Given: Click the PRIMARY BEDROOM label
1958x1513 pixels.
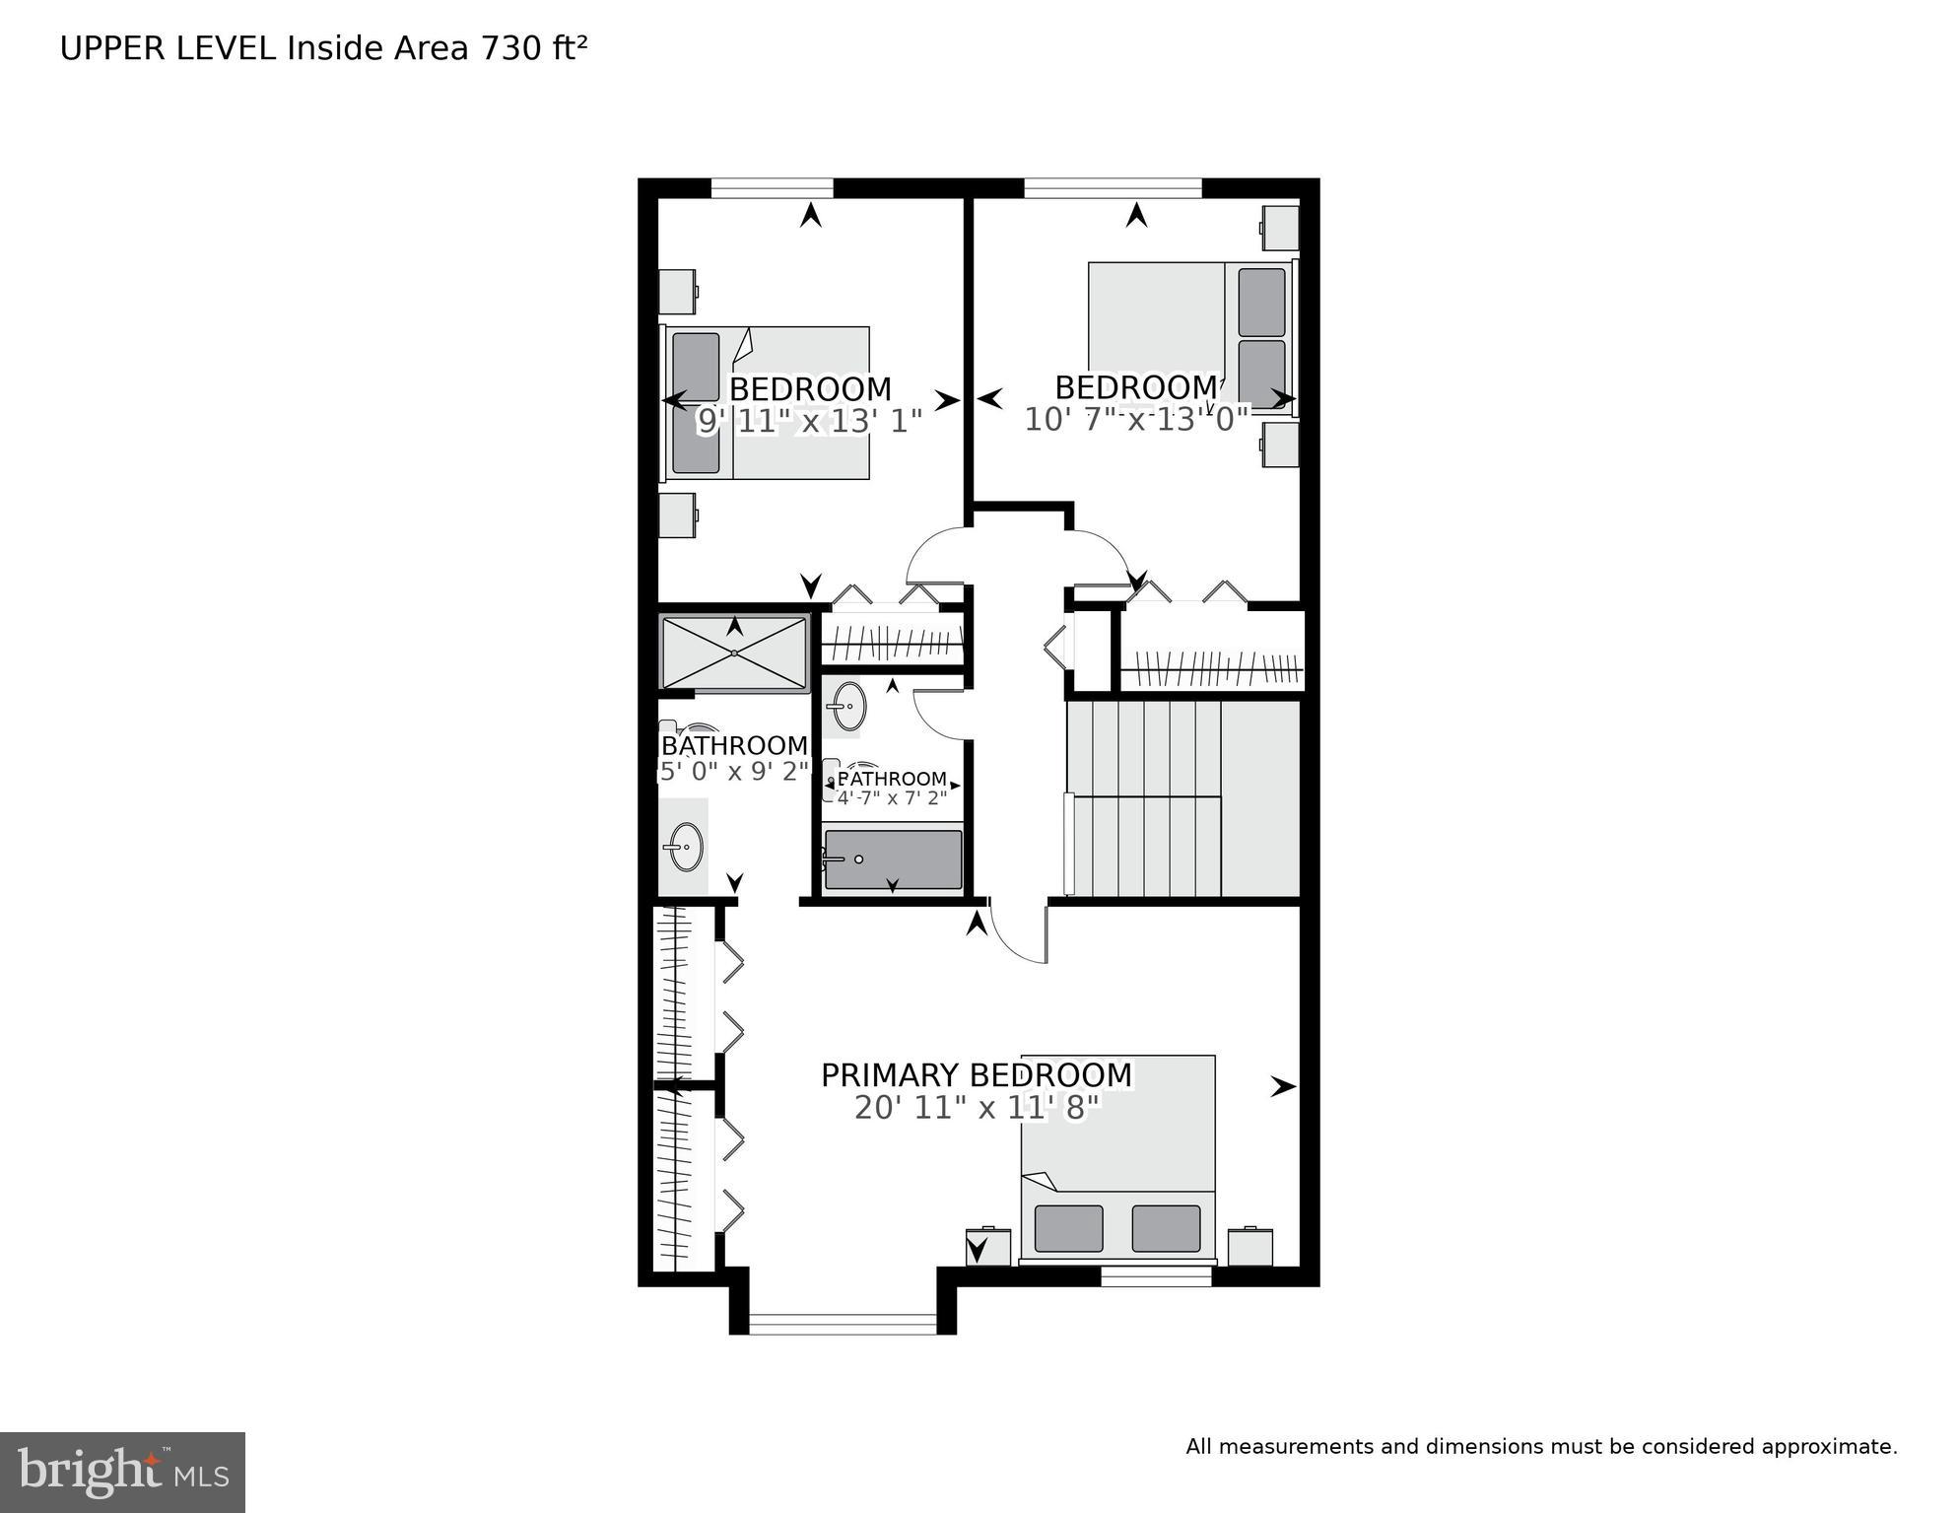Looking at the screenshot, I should point(976,1075).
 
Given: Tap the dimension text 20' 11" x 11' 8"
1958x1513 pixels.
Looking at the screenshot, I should point(976,1108).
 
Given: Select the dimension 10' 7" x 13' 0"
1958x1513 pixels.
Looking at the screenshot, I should point(1136,420).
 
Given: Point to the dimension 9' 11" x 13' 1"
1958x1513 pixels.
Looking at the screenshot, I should point(809,422).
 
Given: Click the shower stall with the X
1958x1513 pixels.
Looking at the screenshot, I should point(734,653).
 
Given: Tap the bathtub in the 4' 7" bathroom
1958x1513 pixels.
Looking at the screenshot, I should point(892,860).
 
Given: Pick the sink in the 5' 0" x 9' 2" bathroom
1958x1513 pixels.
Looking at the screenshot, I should point(684,847).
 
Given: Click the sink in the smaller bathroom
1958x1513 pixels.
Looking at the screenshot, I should point(844,706).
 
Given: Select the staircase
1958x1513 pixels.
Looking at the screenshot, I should point(1182,798).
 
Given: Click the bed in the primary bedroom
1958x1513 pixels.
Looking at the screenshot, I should point(1117,1158).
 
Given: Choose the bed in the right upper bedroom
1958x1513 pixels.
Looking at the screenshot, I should point(1190,335).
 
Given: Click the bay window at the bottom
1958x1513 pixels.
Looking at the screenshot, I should point(842,1324).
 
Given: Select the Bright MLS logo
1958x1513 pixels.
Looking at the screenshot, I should point(122,1472).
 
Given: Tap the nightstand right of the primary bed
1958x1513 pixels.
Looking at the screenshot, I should point(1249,1247).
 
